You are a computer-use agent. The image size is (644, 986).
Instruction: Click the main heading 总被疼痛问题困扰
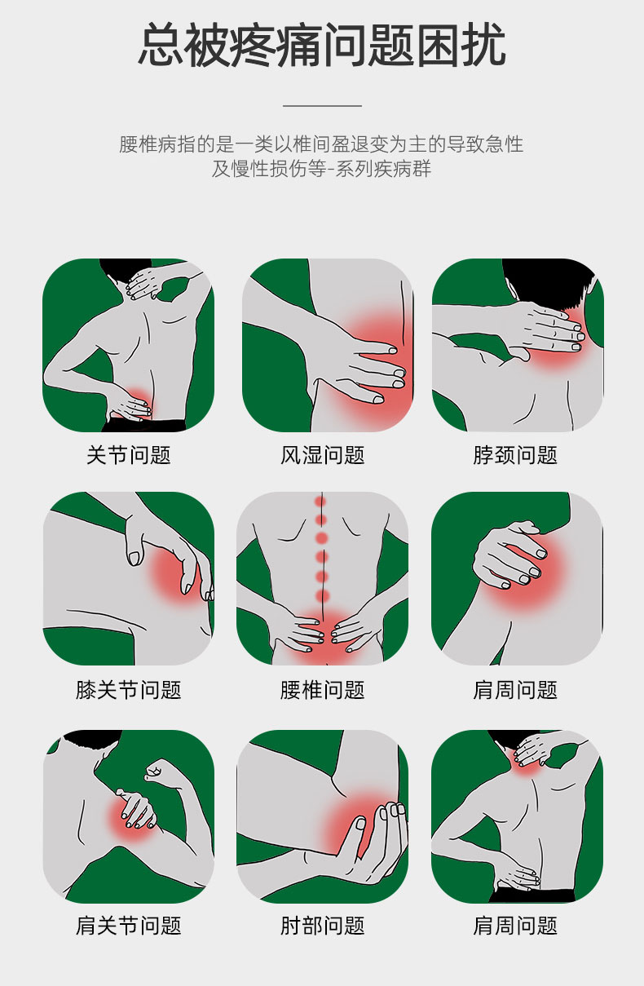tap(322, 46)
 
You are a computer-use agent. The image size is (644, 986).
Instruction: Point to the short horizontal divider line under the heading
tap(322, 106)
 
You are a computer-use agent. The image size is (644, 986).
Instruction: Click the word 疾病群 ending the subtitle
tap(402, 169)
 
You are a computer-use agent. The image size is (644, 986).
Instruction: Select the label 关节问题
tap(129, 455)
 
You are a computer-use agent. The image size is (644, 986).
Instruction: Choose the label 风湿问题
tap(323, 455)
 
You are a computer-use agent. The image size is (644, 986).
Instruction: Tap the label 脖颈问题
tap(515, 455)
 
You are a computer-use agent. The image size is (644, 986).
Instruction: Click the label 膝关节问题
tap(129, 689)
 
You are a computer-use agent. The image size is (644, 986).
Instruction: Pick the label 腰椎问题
tap(323, 689)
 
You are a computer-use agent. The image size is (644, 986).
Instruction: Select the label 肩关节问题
tap(129, 926)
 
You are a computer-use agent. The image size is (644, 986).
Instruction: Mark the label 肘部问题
tap(323, 926)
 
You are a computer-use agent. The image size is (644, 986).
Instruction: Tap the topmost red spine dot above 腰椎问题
tap(320, 502)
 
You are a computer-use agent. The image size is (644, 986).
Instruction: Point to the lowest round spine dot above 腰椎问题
tap(322, 596)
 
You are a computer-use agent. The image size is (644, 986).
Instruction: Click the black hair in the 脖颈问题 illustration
tap(548, 281)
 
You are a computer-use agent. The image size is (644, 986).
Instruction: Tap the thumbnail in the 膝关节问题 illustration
tap(134, 559)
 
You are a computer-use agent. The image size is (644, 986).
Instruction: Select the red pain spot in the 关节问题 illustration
tap(138, 398)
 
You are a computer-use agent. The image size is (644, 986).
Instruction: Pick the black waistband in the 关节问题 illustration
tap(144, 426)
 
